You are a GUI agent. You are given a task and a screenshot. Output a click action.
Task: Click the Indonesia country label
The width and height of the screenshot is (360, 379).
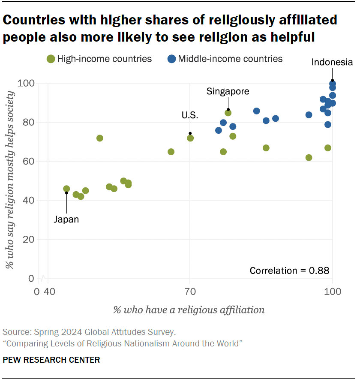click(x=332, y=63)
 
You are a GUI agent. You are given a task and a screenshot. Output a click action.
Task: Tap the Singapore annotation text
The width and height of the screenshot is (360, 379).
click(x=228, y=91)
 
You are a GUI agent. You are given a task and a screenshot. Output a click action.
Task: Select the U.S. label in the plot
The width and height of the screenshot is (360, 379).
click(x=190, y=115)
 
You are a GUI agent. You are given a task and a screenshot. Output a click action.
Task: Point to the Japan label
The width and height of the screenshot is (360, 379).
click(x=66, y=220)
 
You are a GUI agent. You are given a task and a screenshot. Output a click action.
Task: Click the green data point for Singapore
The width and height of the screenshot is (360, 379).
click(x=228, y=113)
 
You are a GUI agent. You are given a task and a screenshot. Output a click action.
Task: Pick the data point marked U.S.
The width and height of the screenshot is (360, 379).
click(x=190, y=138)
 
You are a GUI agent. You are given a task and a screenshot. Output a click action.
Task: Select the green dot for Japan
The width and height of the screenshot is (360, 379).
click(x=66, y=189)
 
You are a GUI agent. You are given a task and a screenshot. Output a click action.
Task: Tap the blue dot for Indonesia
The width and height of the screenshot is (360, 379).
click(x=333, y=84)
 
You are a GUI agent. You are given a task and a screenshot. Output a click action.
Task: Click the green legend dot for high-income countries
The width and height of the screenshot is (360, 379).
click(x=51, y=59)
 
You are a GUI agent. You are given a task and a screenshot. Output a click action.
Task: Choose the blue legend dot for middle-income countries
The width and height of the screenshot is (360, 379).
click(x=172, y=59)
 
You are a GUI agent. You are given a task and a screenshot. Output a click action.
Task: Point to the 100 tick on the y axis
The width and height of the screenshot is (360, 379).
click(x=28, y=83)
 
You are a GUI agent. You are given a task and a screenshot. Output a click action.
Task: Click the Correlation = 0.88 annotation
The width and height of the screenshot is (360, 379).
click(x=289, y=271)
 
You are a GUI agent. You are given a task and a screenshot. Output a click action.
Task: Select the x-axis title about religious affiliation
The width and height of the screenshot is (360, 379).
click(x=189, y=310)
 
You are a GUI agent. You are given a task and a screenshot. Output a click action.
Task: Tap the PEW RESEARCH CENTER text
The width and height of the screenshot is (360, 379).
click(x=51, y=360)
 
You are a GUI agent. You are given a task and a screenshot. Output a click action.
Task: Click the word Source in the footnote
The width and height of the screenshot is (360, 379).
click(x=15, y=332)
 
